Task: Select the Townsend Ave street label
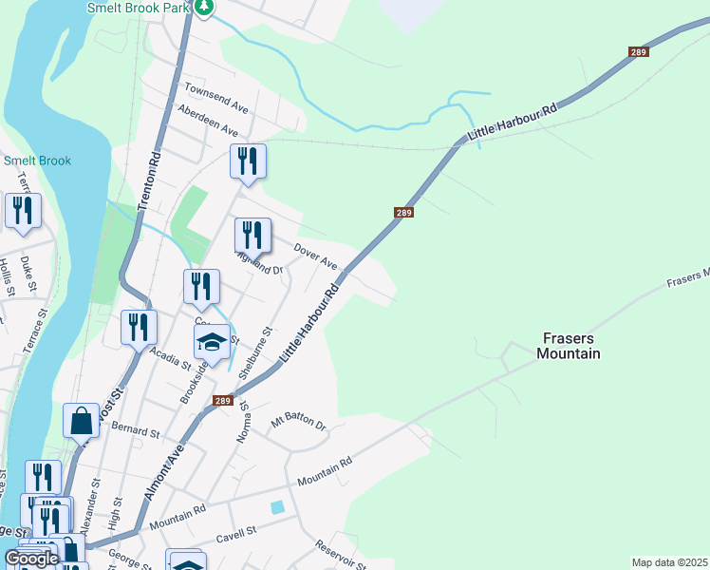(215, 94)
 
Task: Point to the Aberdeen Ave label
(208, 120)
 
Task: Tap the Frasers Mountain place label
(570, 346)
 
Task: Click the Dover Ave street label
(315, 255)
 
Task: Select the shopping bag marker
(82, 419)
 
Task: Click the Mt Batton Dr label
(298, 423)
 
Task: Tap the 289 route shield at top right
(638, 52)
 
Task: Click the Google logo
(31, 559)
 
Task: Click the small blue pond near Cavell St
(276, 508)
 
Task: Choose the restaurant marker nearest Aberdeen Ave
(248, 161)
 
